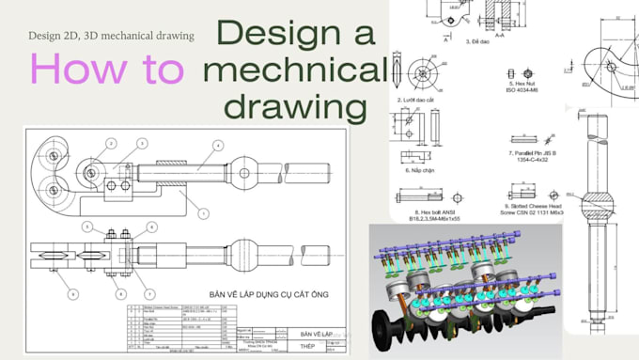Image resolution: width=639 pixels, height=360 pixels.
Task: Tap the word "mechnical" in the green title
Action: click(294, 69)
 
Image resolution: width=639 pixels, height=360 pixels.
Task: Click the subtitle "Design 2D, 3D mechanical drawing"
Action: click(111, 36)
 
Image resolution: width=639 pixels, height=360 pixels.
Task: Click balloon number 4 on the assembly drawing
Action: click(217, 146)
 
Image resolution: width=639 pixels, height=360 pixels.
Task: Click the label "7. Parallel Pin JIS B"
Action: click(534, 152)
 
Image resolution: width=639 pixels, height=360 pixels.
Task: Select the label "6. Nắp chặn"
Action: click(419, 171)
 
